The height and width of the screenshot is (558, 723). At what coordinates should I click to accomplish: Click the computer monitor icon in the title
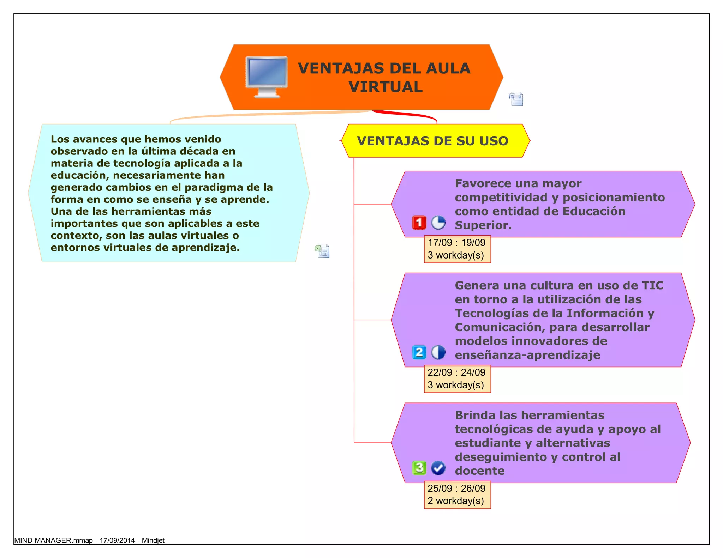(267, 77)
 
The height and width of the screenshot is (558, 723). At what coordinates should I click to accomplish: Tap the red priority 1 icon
(419, 223)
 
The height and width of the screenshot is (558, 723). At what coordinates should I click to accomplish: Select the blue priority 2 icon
(419, 352)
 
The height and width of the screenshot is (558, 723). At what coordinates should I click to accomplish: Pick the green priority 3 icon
(419, 468)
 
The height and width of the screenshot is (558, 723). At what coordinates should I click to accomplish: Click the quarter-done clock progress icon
(438, 223)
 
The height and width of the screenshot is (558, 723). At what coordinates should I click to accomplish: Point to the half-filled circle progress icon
(438, 352)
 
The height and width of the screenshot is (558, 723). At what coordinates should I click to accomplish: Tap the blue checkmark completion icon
(438, 468)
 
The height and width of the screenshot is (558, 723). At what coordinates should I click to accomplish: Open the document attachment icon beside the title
(516, 99)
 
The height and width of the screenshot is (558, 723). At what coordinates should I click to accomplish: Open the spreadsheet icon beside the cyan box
(322, 251)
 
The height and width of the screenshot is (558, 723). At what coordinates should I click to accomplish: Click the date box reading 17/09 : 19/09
(457, 249)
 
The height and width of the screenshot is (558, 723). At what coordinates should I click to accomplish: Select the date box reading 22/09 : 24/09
(457, 379)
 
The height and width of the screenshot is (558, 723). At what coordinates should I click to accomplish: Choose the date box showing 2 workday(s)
(457, 495)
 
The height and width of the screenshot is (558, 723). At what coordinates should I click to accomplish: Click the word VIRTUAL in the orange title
(386, 87)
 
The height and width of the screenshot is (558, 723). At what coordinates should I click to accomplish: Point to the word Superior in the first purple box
(483, 225)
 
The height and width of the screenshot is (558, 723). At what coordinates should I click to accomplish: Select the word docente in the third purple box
(479, 471)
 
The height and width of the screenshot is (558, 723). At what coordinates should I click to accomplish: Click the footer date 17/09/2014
(117, 540)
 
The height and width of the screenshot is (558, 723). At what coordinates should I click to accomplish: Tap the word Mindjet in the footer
(153, 540)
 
